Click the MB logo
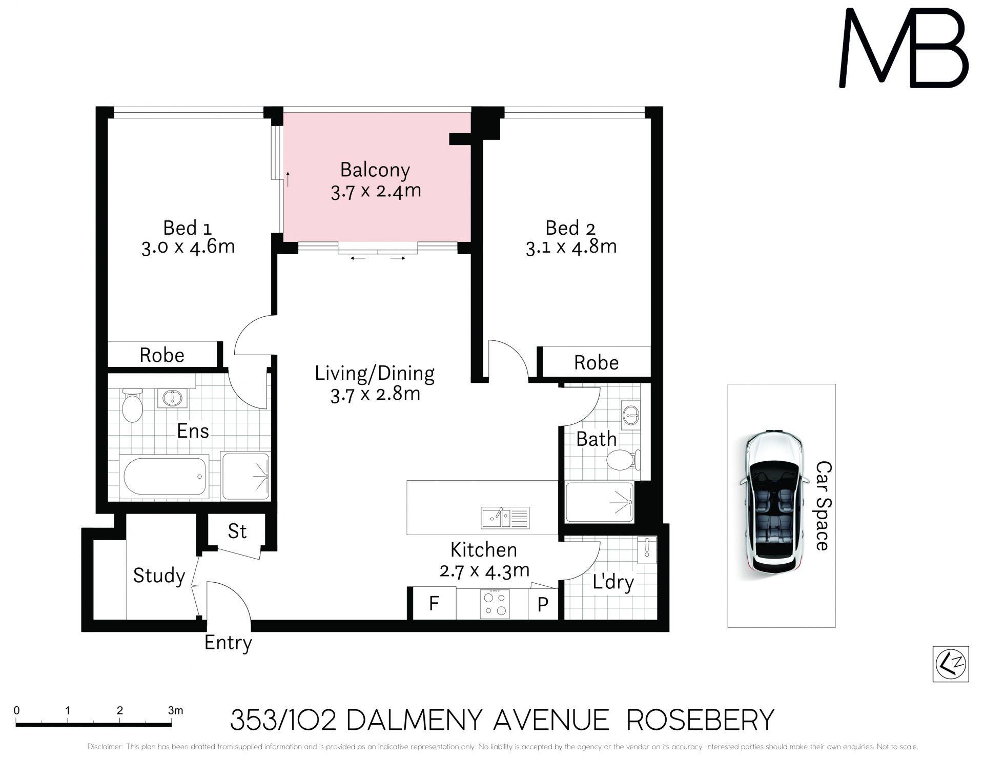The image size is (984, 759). click(x=904, y=49)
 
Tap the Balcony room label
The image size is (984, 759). click(x=375, y=170)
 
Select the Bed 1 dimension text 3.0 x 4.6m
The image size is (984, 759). click(x=188, y=247)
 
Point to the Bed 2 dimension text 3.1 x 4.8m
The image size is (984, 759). click(x=571, y=247)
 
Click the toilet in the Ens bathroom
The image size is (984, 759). click(x=132, y=405)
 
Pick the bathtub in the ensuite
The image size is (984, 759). click(x=164, y=476)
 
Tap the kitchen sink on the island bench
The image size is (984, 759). click(x=505, y=518)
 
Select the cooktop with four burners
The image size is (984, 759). click(x=495, y=604)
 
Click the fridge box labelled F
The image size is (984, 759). click(x=434, y=604)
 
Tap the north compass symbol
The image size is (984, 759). click(x=951, y=664)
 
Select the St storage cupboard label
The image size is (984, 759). click(x=237, y=531)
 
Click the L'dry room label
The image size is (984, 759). click(x=613, y=582)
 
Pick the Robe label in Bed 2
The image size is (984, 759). click(x=596, y=363)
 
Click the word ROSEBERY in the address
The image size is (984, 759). click(x=700, y=720)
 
